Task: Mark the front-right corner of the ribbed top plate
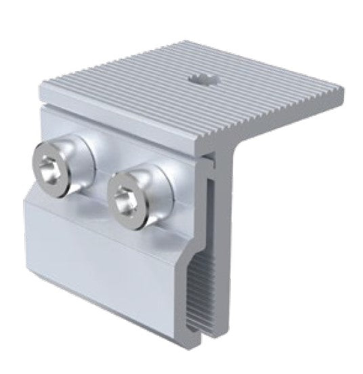209,139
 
